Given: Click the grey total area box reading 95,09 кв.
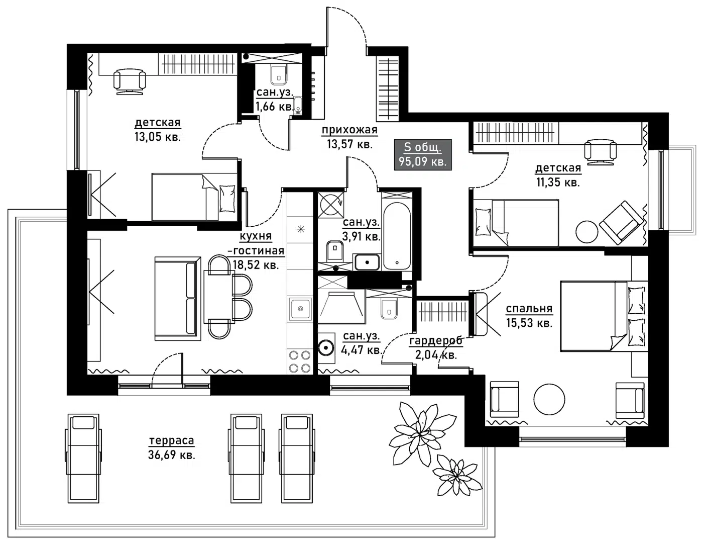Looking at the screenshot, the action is click(x=422, y=155).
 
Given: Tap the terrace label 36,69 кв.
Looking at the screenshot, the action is click(x=172, y=455).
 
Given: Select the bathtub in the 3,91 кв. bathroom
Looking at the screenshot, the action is click(x=397, y=236).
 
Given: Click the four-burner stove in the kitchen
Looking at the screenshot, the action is click(x=299, y=361).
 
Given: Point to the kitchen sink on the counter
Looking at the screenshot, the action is click(x=300, y=309).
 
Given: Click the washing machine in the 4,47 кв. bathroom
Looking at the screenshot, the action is click(x=326, y=348).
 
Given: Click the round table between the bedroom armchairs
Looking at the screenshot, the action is click(x=549, y=400).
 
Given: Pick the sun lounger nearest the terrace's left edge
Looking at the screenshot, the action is click(x=83, y=459).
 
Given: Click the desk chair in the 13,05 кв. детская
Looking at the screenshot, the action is click(x=130, y=81).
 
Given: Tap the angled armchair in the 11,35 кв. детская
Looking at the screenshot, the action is click(x=621, y=223).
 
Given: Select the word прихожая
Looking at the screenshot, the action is click(x=349, y=130).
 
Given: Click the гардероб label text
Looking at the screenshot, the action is click(x=436, y=341).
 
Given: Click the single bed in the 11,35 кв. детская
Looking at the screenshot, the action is click(x=516, y=223).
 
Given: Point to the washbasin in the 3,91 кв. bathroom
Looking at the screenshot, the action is click(x=367, y=262).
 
